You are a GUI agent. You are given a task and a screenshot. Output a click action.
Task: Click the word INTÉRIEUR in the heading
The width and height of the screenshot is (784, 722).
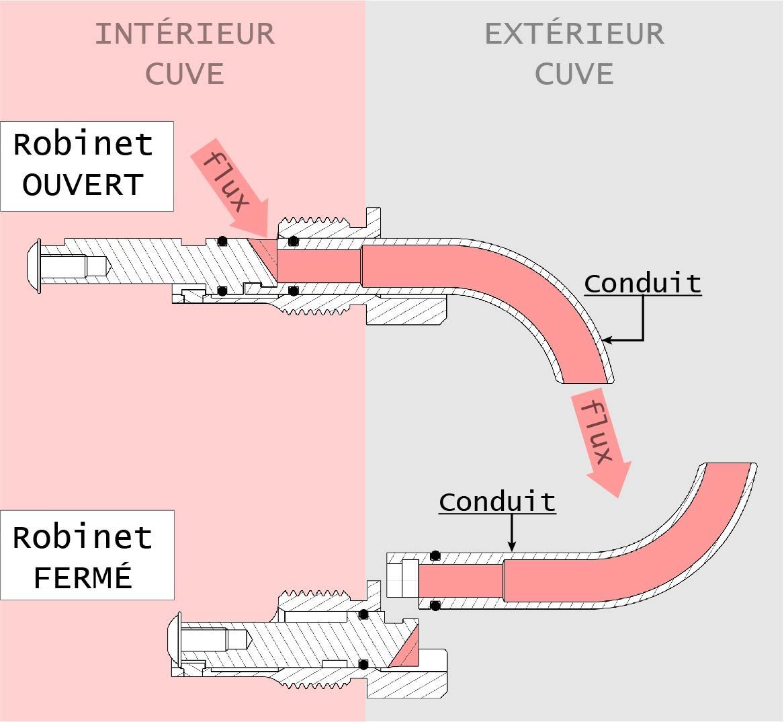(x=185, y=34)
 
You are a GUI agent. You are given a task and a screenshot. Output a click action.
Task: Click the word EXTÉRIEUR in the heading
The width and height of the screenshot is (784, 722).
(x=574, y=34)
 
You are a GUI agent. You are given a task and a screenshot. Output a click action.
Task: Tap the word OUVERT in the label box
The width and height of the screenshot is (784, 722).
(x=83, y=185)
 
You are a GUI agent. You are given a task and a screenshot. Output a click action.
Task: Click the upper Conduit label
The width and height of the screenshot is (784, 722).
(x=642, y=284)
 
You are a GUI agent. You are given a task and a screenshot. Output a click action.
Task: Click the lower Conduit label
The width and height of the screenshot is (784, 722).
(x=498, y=502)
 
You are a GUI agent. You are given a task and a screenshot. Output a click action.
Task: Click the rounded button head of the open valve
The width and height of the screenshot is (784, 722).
(x=34, y=266)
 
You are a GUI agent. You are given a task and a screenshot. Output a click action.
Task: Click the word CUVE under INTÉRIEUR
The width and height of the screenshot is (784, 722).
(x=185, y=74)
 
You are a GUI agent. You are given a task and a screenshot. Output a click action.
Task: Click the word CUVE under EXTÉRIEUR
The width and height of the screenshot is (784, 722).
(x=574, y=74)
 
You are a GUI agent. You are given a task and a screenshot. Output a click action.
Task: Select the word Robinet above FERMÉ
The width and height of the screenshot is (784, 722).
(x=83, y=537)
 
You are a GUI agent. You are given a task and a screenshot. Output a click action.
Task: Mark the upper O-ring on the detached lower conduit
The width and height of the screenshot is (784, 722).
(x=435, y=555)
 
